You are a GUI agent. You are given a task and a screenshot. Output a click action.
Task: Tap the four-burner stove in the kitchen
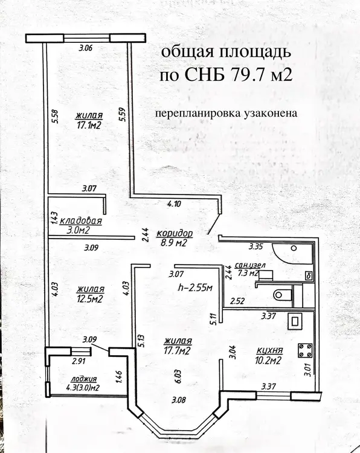click(305, 350)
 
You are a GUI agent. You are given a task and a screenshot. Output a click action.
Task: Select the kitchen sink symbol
click(295, 321)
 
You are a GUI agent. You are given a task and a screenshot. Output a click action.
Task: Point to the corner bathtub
click(292, 253)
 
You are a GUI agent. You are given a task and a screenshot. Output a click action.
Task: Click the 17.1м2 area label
click(89, 125)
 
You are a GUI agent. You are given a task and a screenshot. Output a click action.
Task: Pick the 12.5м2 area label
click(90, 299)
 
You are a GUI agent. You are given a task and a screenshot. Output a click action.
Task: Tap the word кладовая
click(80, 220)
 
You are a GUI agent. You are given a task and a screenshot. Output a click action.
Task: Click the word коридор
click(174, 233)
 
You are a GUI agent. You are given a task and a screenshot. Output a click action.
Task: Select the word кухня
click(269, 351)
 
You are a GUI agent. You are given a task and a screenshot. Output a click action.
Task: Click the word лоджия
click(83, 379)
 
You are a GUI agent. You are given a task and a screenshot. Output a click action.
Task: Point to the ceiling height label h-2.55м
click(195, 287)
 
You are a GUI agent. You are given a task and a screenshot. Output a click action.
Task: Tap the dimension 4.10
click(174, 204)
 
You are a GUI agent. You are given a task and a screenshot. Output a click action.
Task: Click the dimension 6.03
click(178, 376)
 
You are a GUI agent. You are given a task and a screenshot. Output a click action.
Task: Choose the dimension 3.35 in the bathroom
click(256, 246)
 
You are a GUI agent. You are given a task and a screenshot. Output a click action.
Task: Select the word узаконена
click(271, 113)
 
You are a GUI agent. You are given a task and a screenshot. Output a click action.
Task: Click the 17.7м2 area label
click(178, 351)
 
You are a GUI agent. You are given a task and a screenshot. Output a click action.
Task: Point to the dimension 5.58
click(56, 116)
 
